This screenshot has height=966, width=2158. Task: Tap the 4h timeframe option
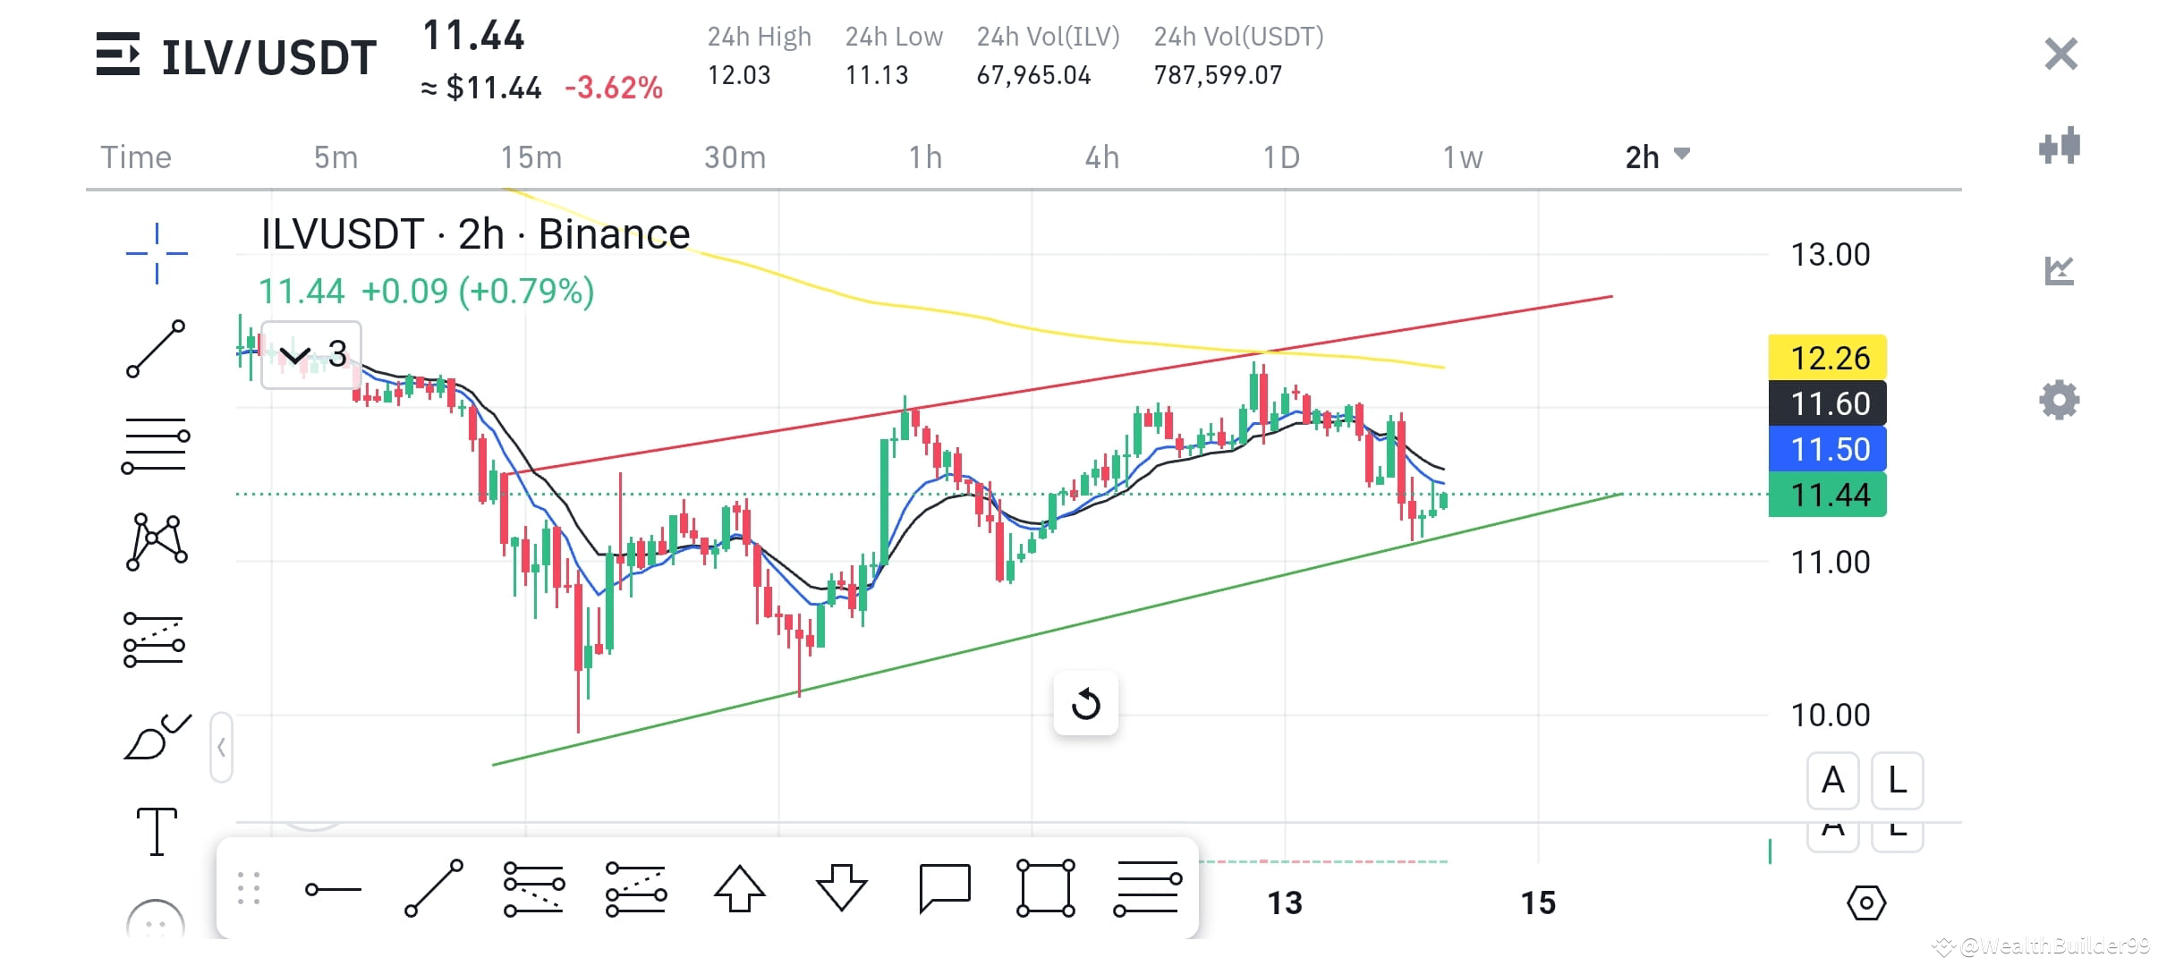tap(1101, 157)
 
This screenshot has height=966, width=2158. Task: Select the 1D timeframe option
tap(1280, 157)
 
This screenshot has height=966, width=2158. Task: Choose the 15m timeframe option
tap(531, 157)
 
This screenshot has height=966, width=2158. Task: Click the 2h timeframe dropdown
tap(1656, 157)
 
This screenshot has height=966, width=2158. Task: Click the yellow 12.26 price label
tap(1827, 358)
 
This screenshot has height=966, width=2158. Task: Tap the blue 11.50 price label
tap(1827, 449)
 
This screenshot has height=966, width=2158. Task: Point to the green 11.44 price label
tap(1827, 495)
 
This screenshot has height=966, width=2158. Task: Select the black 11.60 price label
tap(1827, 403)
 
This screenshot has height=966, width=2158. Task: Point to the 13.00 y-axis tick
tap(1830, 255)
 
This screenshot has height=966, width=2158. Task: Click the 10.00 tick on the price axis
tap(1830, 715)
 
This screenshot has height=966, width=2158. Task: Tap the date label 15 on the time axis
tap(1538, 902)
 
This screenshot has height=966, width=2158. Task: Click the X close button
tap(2060, 55)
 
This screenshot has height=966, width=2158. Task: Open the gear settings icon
tap(2059, 400)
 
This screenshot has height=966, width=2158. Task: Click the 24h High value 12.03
tap(738, 75)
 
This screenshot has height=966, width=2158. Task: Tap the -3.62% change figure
tap(614, 88)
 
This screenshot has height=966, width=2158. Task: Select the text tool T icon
tap(157, 831)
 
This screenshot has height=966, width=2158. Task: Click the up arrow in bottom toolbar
tap(739, 888)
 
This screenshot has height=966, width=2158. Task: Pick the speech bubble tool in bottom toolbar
tap(944, 888)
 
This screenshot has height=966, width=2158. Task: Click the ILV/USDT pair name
tap(268, 58)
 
